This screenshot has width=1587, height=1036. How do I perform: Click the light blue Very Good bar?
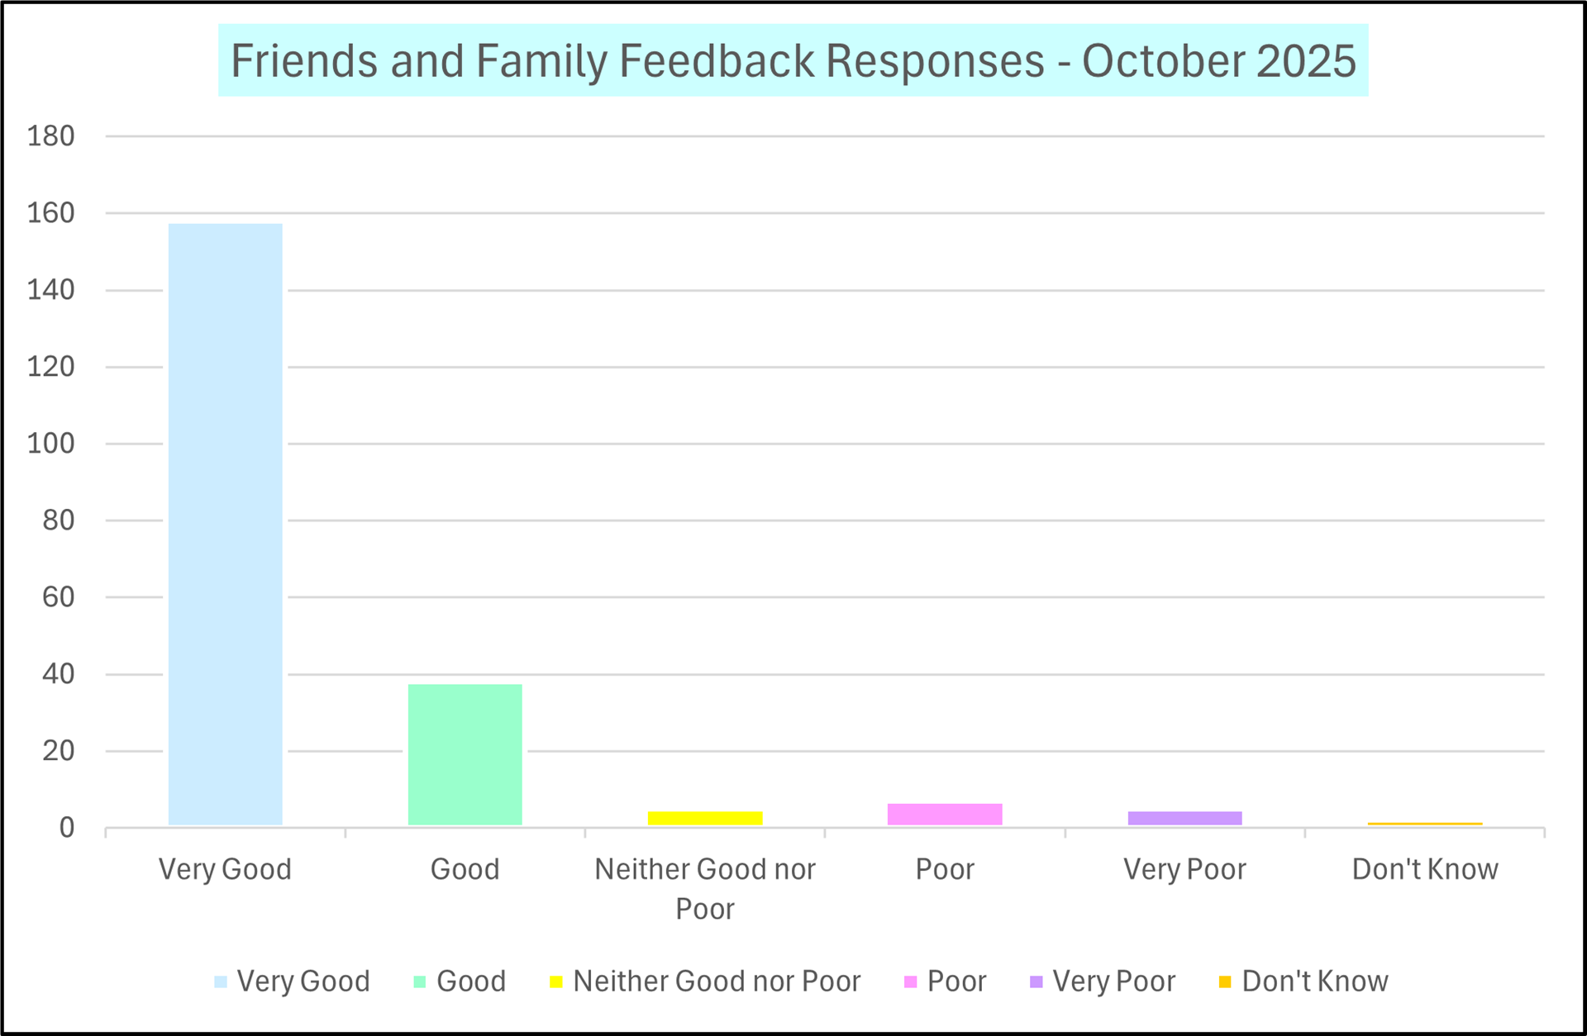225,524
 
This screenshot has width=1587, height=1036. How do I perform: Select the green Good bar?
465,754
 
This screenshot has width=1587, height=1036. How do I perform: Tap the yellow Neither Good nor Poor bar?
705,818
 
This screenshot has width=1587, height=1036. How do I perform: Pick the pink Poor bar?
945,814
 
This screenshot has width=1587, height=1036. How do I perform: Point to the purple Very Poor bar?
1184,818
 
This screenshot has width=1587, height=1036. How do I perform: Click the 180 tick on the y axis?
51,136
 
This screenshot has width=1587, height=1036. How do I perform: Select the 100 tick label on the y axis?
51,444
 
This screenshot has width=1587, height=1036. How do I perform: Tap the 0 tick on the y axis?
67,828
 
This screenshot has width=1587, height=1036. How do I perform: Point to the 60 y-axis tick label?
59,597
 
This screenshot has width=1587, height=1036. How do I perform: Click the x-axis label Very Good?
225,869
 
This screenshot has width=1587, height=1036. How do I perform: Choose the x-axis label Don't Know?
1425,869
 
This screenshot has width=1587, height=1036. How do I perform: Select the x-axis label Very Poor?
1184,869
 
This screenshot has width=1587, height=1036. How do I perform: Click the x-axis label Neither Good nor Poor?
705,888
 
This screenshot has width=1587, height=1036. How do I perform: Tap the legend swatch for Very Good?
221,981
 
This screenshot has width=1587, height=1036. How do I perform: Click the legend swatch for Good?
420,981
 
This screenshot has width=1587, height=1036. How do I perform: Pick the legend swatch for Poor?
911,981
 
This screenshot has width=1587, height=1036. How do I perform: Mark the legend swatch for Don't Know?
1225,981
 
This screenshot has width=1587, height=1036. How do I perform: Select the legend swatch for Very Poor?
1036,981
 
